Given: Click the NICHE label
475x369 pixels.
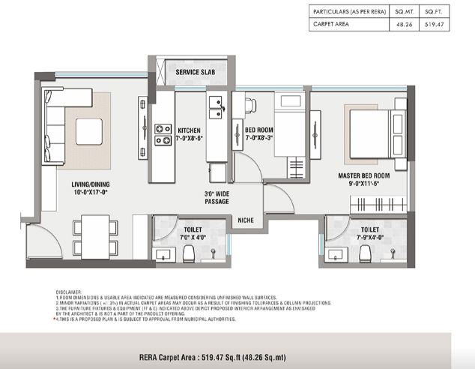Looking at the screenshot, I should click(246, 220).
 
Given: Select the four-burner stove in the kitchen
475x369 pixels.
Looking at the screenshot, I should click(163, 134).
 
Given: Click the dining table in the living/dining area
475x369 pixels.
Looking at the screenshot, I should click(94, 236).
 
